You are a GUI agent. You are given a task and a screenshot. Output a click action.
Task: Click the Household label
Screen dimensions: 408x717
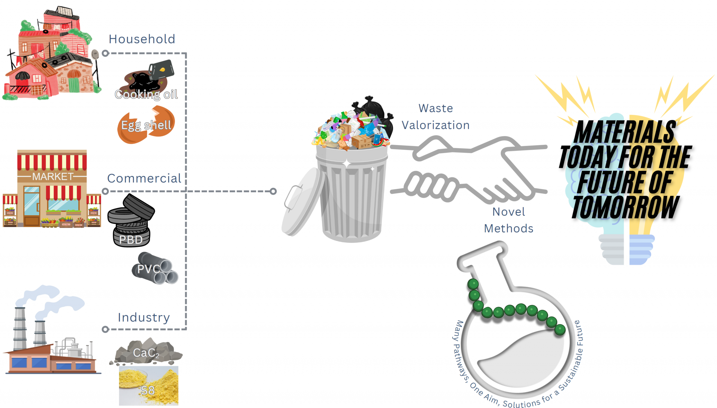click(x=142, y=39)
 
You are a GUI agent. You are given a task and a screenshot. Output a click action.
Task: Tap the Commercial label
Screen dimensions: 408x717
click(x=144, y=179)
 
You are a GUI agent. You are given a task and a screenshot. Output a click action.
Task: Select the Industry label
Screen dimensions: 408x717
click(x=144, y=318)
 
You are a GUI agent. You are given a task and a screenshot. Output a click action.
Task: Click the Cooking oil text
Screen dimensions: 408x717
click(x=146, y=94)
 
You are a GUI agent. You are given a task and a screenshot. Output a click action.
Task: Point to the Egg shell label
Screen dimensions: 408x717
click(x=146, y=125)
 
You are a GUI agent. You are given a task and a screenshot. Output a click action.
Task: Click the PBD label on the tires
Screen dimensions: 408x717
click(x=131, y=240)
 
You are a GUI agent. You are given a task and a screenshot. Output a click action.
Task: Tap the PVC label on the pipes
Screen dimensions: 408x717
click(x=148, y=269)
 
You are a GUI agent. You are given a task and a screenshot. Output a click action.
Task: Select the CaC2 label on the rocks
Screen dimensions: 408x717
click(x=146, y=353)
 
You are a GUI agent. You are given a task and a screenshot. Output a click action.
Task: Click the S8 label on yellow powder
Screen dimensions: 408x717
click(x=148, y=390)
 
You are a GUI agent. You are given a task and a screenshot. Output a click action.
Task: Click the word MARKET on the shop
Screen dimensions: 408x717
click(x=52, y=177)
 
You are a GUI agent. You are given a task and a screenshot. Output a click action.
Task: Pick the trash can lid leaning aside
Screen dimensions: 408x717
click(x=301, y=202)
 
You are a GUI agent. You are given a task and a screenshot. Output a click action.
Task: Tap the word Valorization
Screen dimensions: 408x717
click(x=436, y=125)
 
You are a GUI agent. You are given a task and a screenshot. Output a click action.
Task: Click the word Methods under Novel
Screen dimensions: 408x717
click(x=508, y=229)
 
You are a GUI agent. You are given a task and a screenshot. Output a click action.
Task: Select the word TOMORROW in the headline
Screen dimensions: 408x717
click(x=625, y=207)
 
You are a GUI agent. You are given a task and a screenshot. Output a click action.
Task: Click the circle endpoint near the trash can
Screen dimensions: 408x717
click(x=273, y=191)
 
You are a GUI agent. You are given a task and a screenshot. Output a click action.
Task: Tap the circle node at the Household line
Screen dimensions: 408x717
click(x=105, y=53)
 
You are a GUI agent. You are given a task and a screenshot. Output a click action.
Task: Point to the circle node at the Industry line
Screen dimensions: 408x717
click(x=105, y=329)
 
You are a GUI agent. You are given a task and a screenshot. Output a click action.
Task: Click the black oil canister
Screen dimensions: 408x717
click(x=161, y=69)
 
